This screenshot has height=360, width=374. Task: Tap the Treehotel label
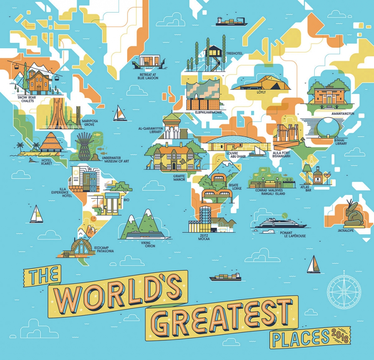234,53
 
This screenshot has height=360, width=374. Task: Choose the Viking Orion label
148,244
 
